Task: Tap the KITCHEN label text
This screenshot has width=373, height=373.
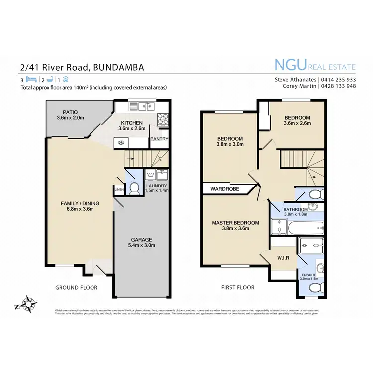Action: (131, 123)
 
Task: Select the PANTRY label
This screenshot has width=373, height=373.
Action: (159, 139)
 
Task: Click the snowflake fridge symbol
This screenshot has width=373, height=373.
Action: (120, 142)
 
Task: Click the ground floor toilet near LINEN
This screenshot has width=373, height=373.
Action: (133, 188)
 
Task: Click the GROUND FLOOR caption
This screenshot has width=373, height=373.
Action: (77, 287)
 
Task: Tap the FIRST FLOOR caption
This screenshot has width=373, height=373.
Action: (238, 287)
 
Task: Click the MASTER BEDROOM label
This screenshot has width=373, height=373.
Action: (235, 223)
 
